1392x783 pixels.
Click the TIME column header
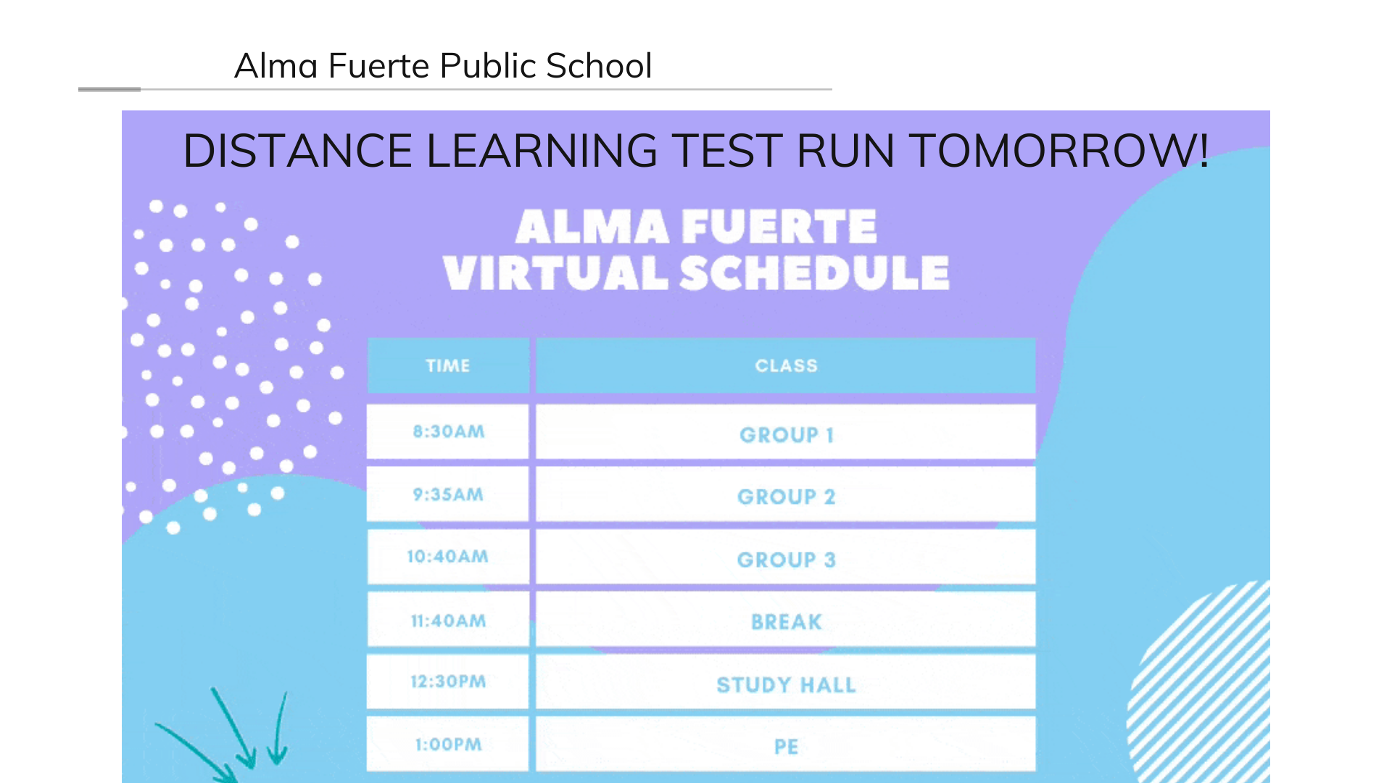pos(448,365)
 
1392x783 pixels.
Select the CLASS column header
pos(786,365)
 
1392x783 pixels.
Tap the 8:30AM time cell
pos(448,431)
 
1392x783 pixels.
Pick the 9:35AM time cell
pos(448,494)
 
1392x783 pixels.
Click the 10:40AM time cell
pos(448,557)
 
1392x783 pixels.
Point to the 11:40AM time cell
pos(448,620)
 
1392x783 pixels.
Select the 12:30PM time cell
pos(448,681)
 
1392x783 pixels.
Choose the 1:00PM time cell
pos(448,744)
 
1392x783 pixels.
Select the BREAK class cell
pos(786,620)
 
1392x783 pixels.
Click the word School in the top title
pos(599,65)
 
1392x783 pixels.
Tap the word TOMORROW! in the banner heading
pos(1058,151)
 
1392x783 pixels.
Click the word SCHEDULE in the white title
pos(814,273)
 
